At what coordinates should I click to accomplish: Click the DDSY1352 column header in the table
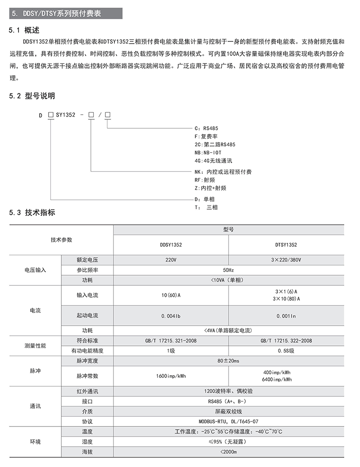click(171, 245)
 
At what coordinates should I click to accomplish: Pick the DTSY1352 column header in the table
click(286, 245)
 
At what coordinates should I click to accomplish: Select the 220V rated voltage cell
click(171, 260)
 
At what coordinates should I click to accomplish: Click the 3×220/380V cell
click(286, 260)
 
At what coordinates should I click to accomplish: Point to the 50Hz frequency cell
click(228, 270)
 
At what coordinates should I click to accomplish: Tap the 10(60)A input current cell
click(171, 295)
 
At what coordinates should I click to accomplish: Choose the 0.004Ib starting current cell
click(171, 316)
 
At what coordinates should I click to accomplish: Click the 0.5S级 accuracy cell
click(286, 351)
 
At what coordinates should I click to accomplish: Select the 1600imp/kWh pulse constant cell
click(171, 376)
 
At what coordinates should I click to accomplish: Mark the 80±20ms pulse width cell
click(228, 361)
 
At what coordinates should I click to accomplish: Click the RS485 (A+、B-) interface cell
click(228, 401)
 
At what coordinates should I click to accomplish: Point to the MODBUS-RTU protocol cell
click(228, 422)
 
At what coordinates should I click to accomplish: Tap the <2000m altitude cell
click(228, 452)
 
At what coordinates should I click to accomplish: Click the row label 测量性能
click(35, 346)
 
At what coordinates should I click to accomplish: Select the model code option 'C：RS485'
click(206, 128)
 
